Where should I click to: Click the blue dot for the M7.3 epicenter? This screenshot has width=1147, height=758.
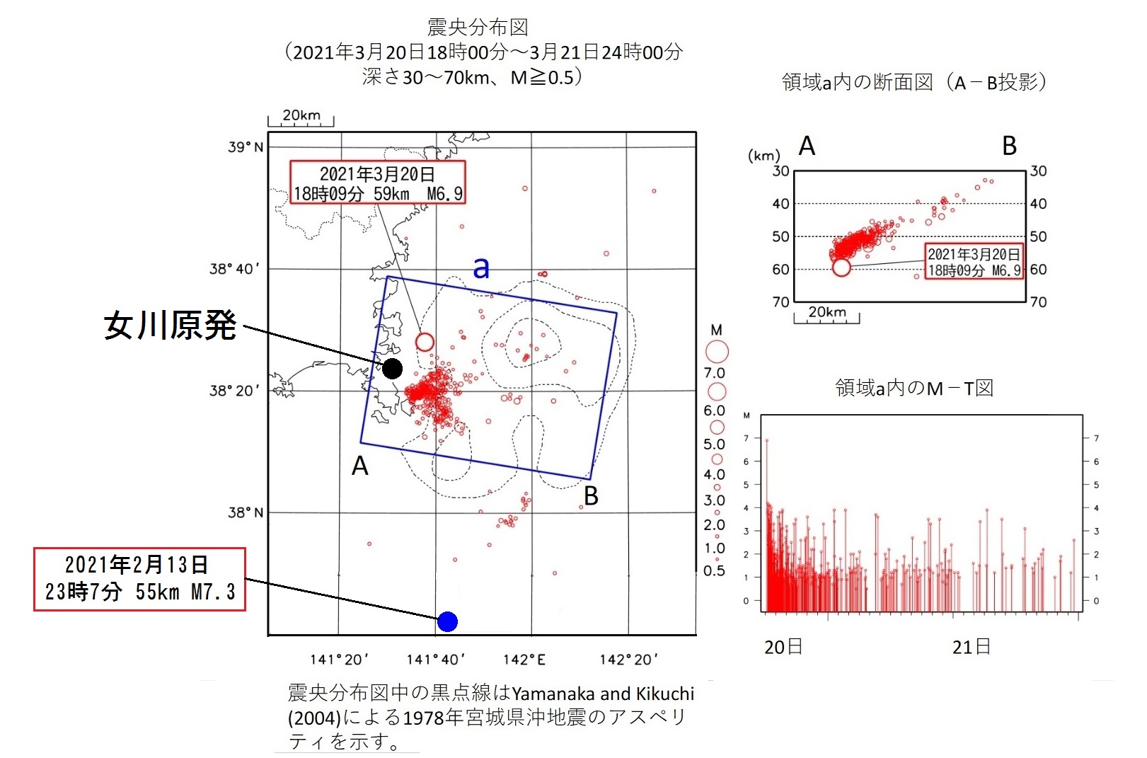click(x=447, y=621)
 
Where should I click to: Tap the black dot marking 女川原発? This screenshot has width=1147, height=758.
click(x=392, y=368)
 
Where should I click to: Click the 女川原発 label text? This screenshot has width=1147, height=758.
click(x=170, y=326)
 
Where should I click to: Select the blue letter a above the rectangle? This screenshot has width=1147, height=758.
click(x=481, y=268)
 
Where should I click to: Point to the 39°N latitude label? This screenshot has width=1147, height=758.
click(x=246, y=147)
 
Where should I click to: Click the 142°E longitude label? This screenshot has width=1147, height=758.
click(x=524, y=660)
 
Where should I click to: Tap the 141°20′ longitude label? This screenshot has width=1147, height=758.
click(x=339, y=660)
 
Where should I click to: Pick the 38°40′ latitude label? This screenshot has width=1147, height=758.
click(x=235, y=269)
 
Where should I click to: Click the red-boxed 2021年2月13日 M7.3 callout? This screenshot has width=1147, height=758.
click(x=139, y=578)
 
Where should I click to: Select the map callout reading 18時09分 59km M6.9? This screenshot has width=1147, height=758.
click(x=377, y=183)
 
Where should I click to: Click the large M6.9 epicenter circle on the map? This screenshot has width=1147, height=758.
click(x=425, y=342)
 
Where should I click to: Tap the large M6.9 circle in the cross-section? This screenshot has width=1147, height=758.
click(x=841, y=267)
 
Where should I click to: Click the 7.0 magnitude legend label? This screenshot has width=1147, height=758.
click(x=714, y=373)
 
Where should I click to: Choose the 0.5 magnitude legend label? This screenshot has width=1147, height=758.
click(x=714, y=570)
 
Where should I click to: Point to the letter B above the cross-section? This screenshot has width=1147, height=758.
click(x=1010, y=146)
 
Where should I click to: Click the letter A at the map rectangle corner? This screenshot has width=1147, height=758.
click(x=360, y=466)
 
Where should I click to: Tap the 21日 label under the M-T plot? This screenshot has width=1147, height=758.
click(x=971, y=647)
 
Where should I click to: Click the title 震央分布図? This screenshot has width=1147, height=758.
click(x=478, y=27)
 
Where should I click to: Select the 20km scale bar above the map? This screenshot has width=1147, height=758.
click(x=301, y=119)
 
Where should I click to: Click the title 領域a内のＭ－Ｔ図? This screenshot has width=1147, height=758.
click(x=914, y=388)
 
